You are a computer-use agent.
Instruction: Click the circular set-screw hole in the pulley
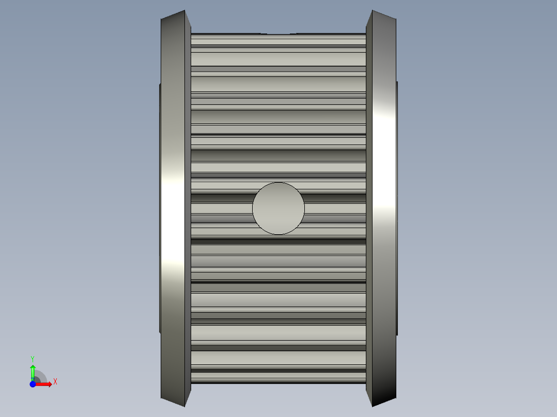point(278,208)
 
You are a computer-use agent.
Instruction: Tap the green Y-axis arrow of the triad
point(33,372)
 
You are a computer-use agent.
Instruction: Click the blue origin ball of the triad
point(33,384)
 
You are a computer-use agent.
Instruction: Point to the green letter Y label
point(33,359)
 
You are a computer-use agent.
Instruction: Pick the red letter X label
point(55,382)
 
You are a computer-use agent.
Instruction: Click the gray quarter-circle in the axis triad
point(40,376)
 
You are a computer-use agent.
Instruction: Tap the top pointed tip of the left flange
point(185,10)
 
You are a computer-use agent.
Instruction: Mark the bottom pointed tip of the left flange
point(185,406)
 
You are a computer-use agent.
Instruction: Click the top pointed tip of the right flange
point(372,10)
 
